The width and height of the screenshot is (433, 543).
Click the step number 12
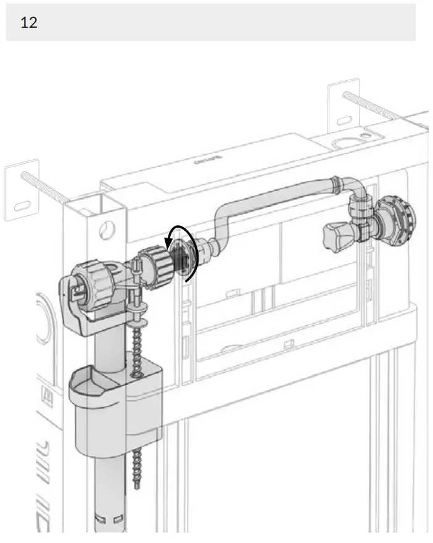click(28, 23)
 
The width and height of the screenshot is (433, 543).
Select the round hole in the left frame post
click(107, 229)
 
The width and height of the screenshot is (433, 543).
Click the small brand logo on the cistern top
click(207, 162)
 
